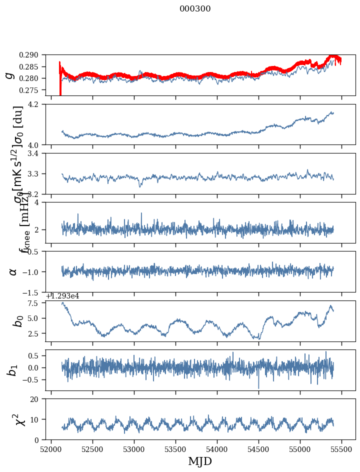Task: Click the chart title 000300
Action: pos(195,9)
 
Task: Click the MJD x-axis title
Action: pos(200,461)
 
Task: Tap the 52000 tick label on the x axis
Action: pos(51,450)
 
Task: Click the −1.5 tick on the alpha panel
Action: pos(35,292)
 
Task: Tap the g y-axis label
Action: pos(9,75)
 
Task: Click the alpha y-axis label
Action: pos(13,271)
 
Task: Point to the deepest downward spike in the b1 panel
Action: pos(258,387)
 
